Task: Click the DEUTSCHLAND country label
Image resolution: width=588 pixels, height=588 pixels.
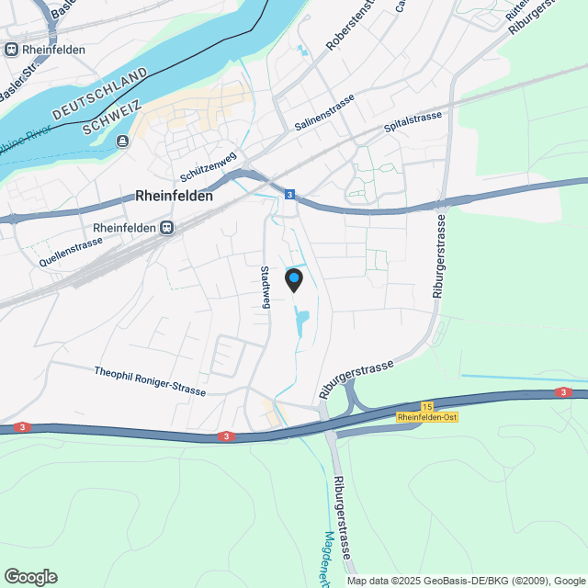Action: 100,94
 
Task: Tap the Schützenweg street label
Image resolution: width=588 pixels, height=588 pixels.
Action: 209,166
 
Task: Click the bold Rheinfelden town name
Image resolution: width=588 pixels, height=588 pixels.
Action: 174,196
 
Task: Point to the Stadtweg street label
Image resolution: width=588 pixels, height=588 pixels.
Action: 265,287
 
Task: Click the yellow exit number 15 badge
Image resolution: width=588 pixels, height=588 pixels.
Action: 427,406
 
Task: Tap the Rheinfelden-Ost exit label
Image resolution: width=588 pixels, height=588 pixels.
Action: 427,417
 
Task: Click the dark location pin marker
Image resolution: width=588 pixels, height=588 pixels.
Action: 294,279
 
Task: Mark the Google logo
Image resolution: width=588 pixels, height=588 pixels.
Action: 30,576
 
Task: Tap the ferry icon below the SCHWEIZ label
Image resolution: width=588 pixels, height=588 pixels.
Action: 123,141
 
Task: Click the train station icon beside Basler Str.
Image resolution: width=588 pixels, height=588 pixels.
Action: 10,50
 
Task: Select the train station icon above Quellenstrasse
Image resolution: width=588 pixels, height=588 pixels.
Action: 166,228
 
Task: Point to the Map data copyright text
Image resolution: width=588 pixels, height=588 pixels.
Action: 466,581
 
